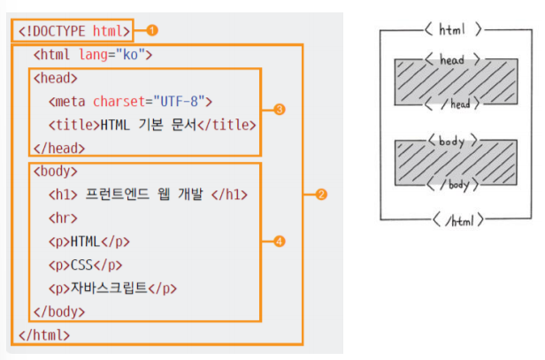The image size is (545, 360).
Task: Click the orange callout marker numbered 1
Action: [152, 30]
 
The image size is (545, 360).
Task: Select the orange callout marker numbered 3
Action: [280, 110]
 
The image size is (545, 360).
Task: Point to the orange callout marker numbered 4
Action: [280, 241]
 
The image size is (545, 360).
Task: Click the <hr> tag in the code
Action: [60, 217]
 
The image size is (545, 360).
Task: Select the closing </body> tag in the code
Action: [58, 311]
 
